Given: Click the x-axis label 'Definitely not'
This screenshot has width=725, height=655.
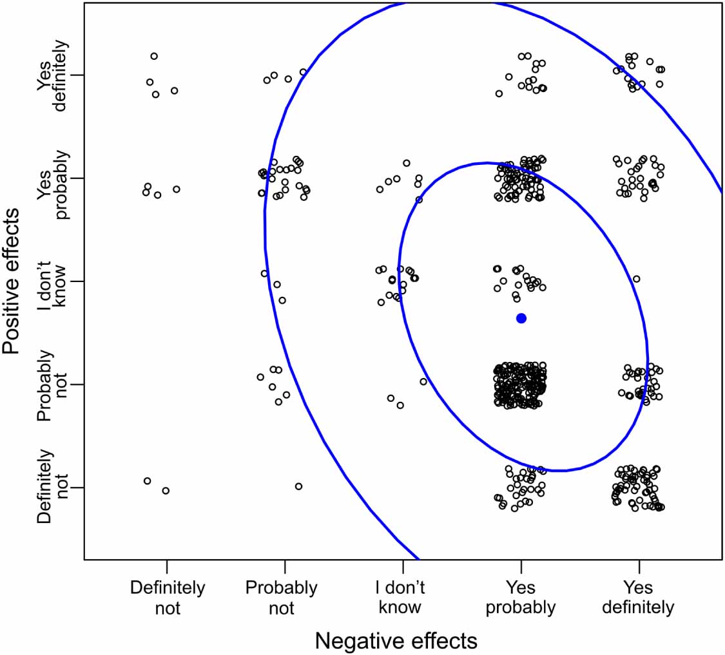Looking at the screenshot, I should tap(167, 597).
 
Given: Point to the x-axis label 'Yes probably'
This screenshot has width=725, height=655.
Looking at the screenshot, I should tap(521, 597).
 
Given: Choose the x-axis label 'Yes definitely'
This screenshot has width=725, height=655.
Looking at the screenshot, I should tap(639, 597).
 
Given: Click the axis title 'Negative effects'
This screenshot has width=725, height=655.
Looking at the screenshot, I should tap(396, 640).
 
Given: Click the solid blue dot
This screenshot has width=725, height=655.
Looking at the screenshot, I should tap(521, 318).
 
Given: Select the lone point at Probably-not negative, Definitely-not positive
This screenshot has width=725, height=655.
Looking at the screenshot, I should tap(298, 486).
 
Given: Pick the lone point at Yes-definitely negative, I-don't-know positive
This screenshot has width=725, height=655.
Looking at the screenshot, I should tap(636, 279).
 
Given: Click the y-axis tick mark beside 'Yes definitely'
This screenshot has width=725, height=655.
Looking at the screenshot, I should tap(78, 75).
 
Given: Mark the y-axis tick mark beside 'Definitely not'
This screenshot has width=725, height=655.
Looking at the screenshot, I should tap(78, 488).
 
